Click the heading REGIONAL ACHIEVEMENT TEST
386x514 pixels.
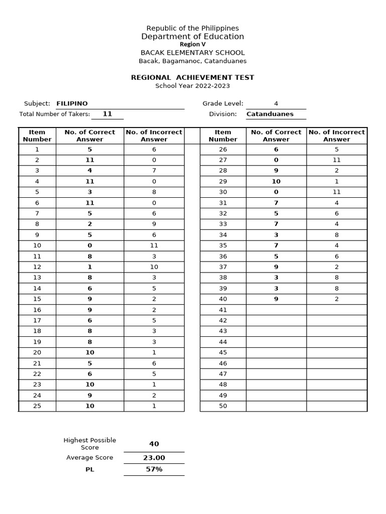coord(192,77)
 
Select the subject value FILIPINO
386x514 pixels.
coord(72,103)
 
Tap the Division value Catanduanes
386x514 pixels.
coord(270,114)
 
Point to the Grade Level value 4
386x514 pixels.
coord(276,103)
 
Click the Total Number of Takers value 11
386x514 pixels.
coord(107,114)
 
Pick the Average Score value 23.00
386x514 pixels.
coord(154,458)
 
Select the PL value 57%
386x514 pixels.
coord(154,469)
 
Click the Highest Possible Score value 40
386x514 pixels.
coord(154,444)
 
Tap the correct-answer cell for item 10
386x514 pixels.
coord(89,245)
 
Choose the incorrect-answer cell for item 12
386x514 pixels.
coord(154,267)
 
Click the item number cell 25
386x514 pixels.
coord(37,406)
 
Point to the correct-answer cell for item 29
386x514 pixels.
coord(276,182)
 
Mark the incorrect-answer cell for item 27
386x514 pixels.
coord(336,160)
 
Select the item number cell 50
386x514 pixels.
coord(223,406)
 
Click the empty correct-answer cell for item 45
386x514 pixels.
coord(276,352)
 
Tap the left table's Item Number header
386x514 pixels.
coord(37,136)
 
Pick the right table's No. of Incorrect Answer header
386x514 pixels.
coord(336,136)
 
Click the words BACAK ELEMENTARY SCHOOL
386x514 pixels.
coord(192,53)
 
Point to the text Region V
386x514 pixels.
coord(192,44)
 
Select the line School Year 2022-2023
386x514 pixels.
coord(192,86)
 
